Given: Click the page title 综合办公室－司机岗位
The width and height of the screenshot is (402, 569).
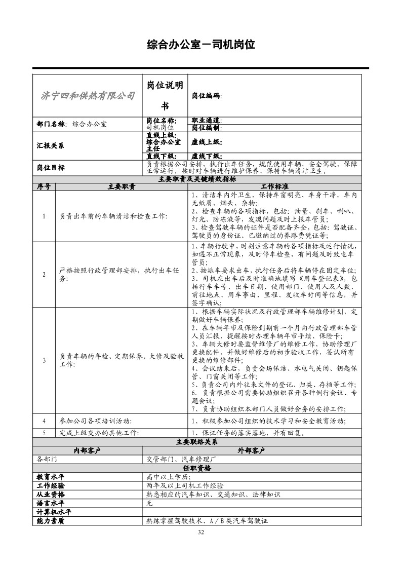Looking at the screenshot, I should coord(200,45).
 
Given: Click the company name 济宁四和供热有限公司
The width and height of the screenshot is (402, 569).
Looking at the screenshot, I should coord(87,96).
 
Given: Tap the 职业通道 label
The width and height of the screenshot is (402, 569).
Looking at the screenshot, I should coord(207,121).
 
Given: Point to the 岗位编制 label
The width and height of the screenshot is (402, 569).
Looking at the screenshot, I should coord(207,128).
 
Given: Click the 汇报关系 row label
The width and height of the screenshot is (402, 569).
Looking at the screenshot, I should coord(51,145).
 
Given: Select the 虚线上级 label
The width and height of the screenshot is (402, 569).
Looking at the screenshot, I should coord(206,142).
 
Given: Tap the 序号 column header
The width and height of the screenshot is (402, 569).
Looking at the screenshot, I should coord(44,186).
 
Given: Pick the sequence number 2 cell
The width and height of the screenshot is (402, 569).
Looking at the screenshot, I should coord(44,275).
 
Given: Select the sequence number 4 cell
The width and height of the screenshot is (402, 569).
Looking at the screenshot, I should coord(44,421).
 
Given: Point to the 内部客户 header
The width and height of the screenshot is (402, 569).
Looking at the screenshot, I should coord(88,450).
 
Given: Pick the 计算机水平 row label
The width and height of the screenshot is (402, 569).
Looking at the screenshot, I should coord(54,512).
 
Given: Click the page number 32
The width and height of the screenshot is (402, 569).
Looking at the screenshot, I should coord(201,532).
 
